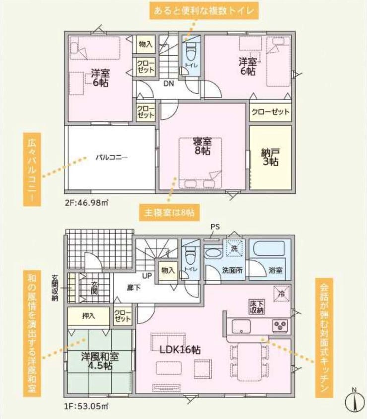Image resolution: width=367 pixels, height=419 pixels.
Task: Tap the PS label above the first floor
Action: point(215,227)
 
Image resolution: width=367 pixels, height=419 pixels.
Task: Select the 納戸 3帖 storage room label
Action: point(270,157)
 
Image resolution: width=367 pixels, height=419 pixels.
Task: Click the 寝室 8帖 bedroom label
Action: point(202,146)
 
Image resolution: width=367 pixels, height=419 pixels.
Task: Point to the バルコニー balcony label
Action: point(112,157)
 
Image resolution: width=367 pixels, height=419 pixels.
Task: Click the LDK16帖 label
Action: point(180,350)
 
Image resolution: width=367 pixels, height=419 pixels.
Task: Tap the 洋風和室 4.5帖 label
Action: point(100,361)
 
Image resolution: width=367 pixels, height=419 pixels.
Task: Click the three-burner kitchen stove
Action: point(280,326)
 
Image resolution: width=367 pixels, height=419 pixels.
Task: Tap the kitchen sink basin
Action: point(242,326)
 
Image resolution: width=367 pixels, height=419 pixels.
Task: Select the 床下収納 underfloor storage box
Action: point(257,307)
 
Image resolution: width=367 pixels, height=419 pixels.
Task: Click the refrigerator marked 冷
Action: point(281,294)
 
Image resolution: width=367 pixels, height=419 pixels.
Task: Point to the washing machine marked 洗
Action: point(234,248)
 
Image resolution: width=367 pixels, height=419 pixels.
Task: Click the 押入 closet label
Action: point(89,316)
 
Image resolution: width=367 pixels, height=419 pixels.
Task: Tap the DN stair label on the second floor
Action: point(169,83)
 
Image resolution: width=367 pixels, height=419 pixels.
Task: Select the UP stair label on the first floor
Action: point(147,276)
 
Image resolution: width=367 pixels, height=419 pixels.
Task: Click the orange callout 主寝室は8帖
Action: point(169,212)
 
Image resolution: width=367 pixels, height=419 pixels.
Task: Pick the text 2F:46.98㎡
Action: point(86,203)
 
